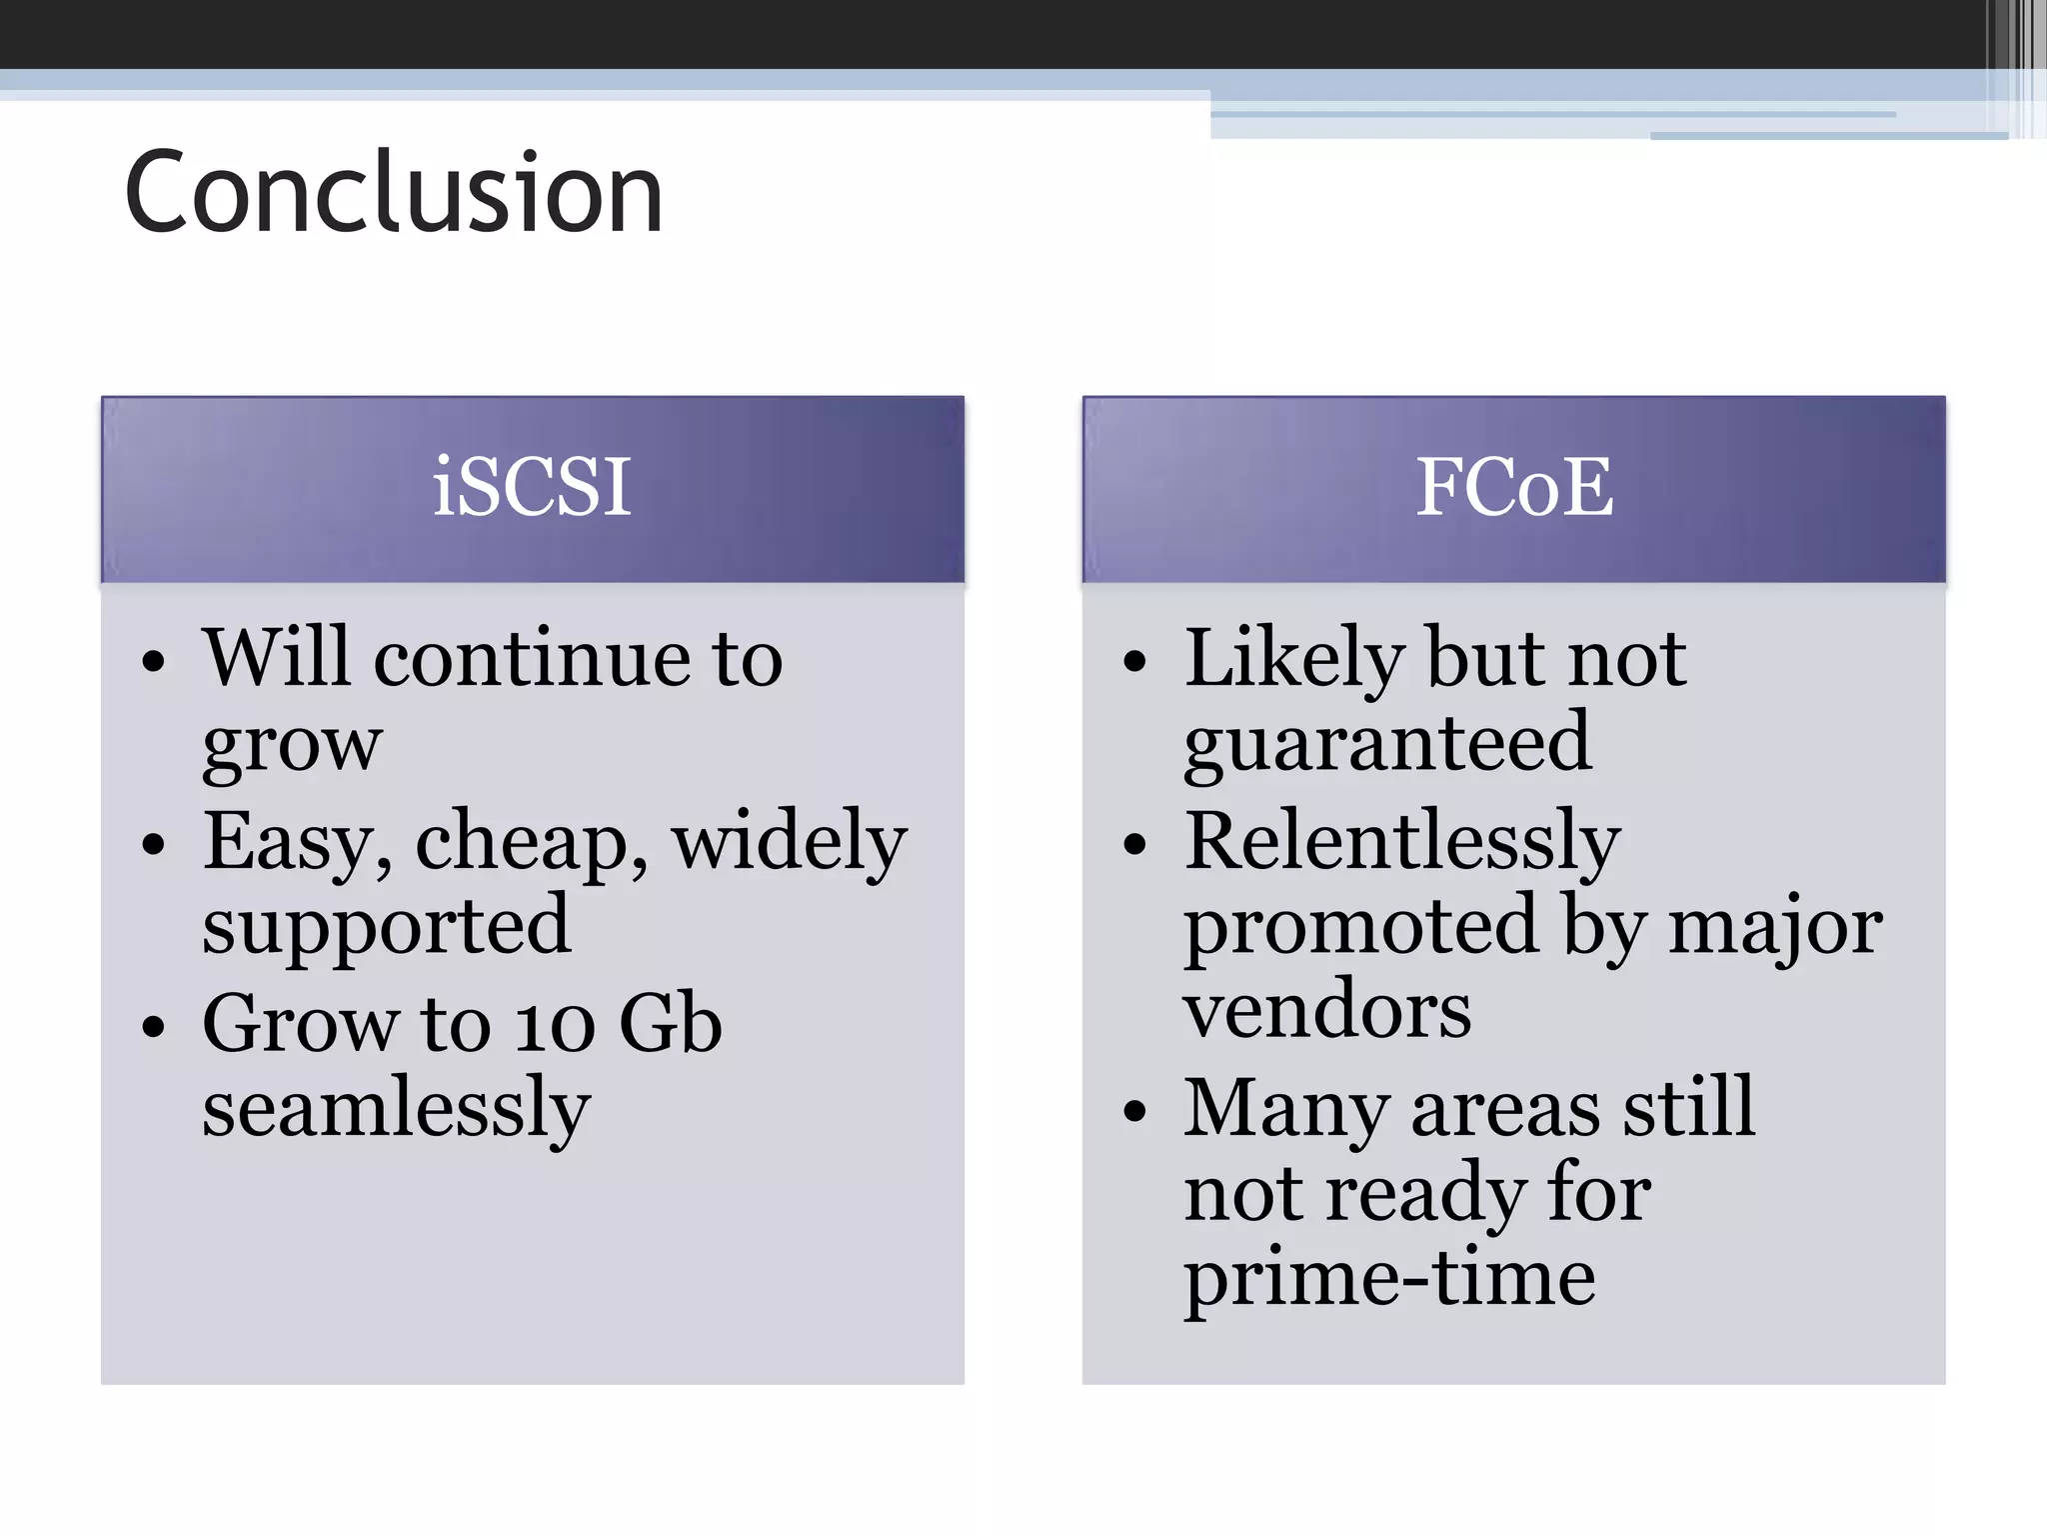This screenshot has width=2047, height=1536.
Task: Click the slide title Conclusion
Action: pos(394,192)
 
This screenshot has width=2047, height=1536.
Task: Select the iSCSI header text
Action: pos(532,487)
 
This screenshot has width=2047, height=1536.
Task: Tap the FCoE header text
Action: pos(1514,487)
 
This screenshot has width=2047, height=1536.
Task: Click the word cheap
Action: pos(530,842)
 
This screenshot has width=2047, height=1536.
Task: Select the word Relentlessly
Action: pos(1401,842)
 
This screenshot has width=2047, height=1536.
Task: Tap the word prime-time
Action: pos(1389,1280)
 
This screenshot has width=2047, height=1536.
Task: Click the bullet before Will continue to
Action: pos(153,662)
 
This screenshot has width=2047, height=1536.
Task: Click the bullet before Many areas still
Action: pos(1134,1110)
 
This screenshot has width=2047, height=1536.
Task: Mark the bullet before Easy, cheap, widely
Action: pos(153,844)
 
